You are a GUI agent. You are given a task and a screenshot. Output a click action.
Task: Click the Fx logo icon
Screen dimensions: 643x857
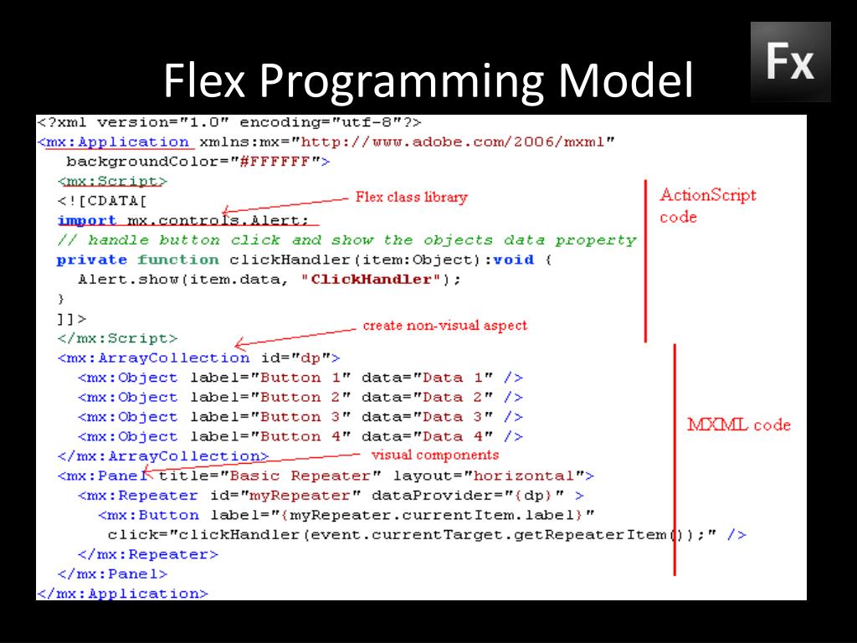pyautogui.click(x=790, y=61)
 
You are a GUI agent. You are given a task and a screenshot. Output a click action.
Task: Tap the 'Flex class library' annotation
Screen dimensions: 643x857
pyautogui.click(x=411, y=198)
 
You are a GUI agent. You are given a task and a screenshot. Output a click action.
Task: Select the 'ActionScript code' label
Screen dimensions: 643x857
pyautogui.click(x=707, y=206)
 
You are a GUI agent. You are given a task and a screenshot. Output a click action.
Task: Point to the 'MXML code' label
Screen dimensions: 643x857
pyautogui.click(x=738, y=424)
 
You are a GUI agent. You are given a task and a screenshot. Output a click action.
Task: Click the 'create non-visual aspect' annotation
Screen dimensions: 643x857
pyautogui.click(x=444, y=325)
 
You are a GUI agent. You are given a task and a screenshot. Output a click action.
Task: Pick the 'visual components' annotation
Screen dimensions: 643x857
pyautogui.click(x=434, y=455)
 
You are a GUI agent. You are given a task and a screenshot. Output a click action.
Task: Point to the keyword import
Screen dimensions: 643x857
pyautogui.click(x=87, y=220)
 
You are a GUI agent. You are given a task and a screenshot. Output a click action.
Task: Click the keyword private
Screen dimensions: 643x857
pyautogui.click(x=92, y=260)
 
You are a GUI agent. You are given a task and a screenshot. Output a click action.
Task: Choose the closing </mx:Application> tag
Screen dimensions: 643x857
pyautogui.click(x=122, y=593)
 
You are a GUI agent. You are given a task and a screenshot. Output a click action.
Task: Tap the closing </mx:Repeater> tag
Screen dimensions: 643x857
pyautogui.click(x=147, y=553)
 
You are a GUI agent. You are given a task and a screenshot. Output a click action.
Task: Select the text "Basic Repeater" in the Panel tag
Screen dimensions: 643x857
pyautogui.click(x=285, y=476)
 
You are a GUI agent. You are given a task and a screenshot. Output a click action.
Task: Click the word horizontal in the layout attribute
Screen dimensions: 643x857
pyautogui.click(x=524, y=476)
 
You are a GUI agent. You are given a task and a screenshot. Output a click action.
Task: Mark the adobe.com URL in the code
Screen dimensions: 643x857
pyautogui.click(x=455, y=141)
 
